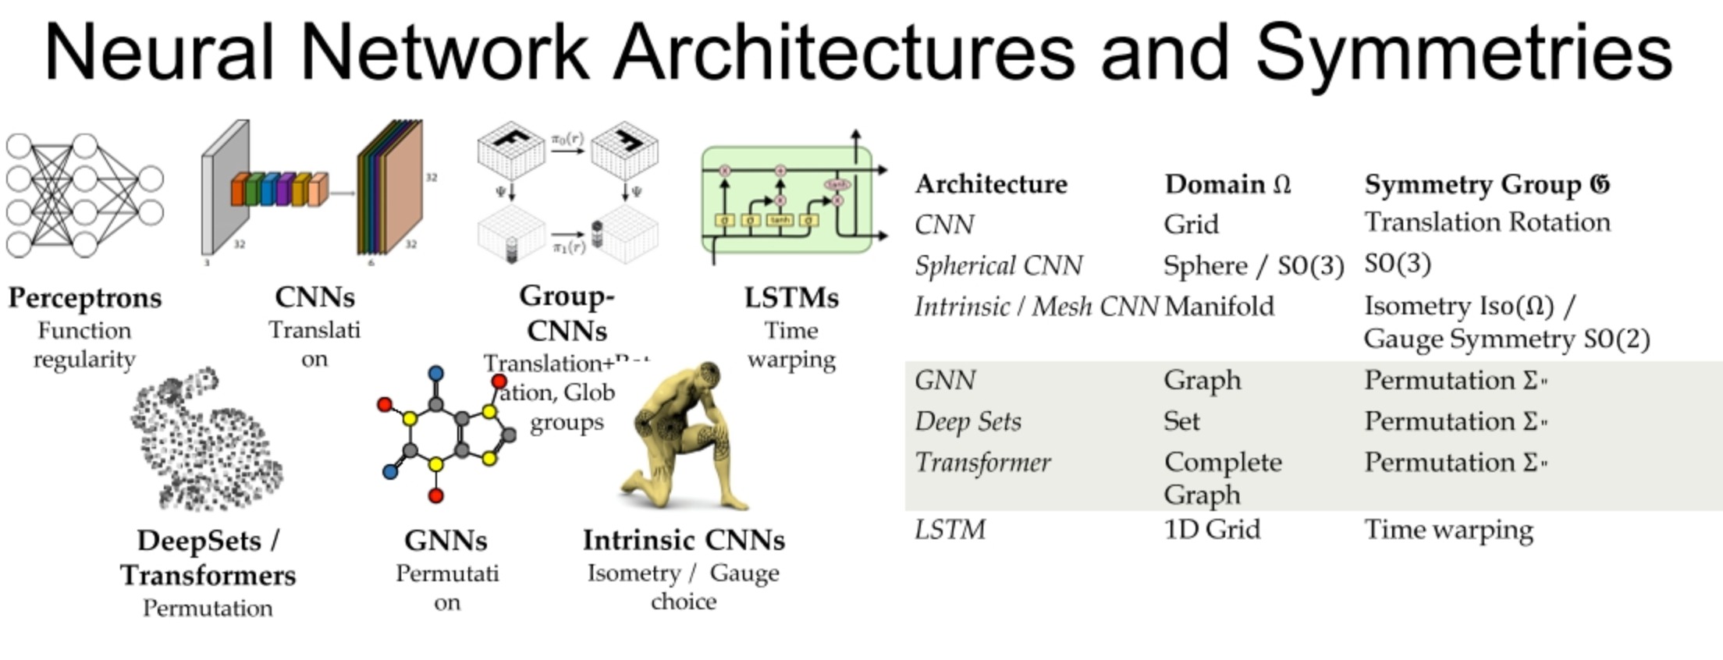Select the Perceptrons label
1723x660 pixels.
tap(85, 297)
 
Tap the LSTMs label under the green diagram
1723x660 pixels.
tap(791, 297)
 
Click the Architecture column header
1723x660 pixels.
tap(991, 184)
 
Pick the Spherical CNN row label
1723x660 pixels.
tap(998, 265)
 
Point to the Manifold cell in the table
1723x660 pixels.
tap(1219, 306)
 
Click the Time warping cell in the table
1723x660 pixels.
tap(1448, 530)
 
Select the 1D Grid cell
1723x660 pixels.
tap(1211, 530)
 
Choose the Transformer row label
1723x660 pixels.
tap(982, 462)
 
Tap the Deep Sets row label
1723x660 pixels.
tap(968, 421)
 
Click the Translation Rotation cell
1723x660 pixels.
tap(1487, 222)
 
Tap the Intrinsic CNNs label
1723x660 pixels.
tap(684, 540)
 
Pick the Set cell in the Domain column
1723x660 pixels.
tap(1181, 421)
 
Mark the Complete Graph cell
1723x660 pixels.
tap(1222, 477)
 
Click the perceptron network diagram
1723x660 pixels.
tap(84, 196)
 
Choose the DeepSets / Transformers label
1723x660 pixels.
tap(208, 558)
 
